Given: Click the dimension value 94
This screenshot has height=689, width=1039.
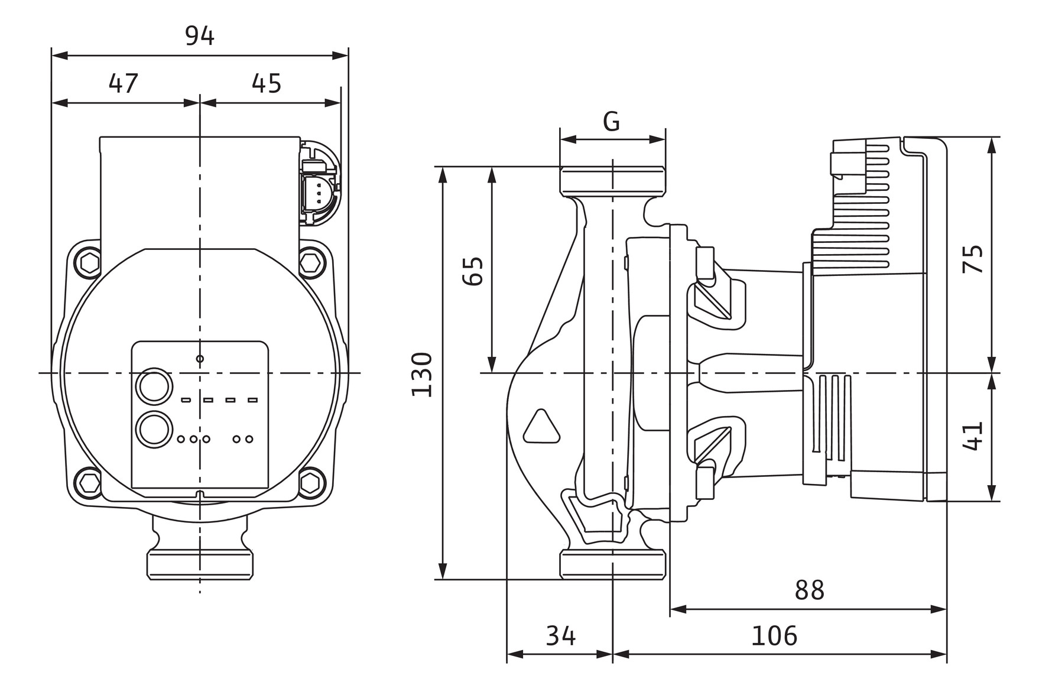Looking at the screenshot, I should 200,37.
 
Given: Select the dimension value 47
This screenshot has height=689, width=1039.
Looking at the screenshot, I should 124,84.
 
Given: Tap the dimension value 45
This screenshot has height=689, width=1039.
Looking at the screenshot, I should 267,84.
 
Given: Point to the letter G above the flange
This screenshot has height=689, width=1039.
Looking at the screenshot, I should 612,122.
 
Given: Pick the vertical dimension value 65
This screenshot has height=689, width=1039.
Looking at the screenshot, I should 473,271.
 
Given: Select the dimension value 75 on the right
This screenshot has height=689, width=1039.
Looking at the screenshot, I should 973,258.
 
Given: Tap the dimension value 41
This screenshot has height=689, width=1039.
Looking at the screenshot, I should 973,435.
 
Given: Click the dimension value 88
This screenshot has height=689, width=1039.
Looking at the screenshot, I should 809,590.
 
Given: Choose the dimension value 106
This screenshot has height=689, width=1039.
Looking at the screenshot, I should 774,636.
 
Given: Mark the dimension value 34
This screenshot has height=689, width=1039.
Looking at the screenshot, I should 560,636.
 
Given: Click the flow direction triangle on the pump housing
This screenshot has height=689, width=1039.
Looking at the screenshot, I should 541,427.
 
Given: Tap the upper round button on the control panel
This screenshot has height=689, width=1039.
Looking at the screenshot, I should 154,386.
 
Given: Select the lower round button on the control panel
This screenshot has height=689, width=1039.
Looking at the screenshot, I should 154,428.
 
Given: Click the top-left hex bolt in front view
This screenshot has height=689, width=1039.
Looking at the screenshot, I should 90,261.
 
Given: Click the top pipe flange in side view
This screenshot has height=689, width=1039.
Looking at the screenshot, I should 613,180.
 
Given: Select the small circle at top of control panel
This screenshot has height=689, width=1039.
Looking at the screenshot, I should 200,359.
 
